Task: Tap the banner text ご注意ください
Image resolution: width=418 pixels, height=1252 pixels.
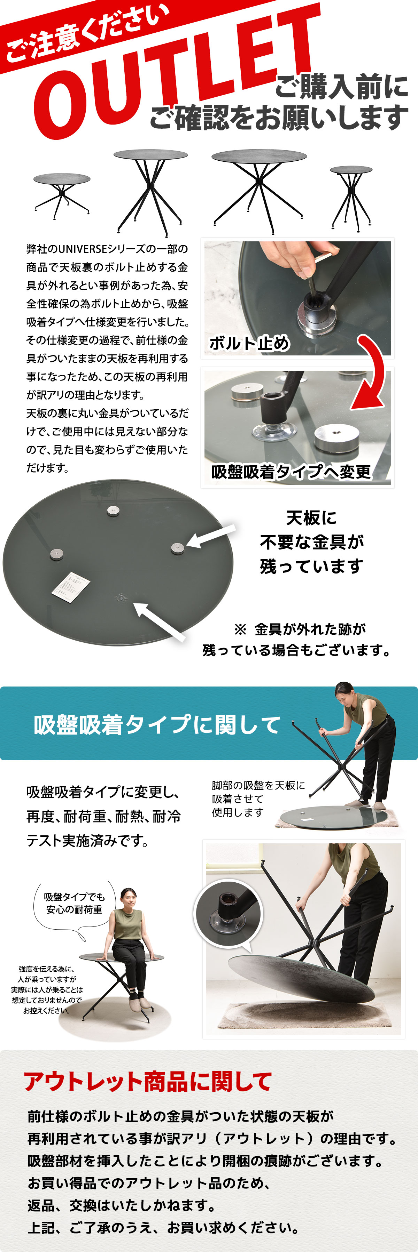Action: [x=87, y=34]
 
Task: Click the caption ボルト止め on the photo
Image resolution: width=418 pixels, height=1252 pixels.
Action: [x=249, y=343]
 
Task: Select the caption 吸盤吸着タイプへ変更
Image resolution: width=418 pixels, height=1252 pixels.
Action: [x=291, y=472]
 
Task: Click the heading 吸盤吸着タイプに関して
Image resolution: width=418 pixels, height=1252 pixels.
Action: [x=157, y=725]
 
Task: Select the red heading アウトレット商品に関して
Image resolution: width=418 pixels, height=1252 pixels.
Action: [x=147, y=1081]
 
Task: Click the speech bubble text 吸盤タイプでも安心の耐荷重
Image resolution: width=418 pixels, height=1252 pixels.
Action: [x=74, y=903]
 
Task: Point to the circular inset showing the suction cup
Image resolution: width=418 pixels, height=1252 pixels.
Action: [x=228, y=914]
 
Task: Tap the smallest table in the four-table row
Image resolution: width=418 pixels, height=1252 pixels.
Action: [x=351, y=197]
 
